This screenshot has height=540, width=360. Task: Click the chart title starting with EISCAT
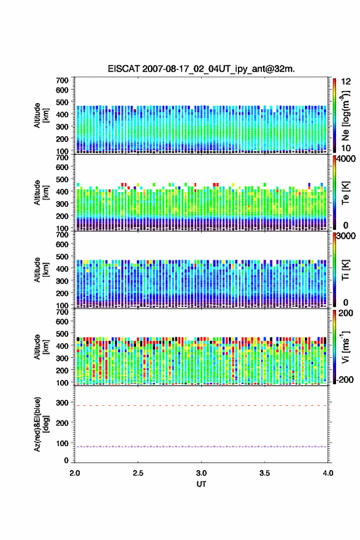201,69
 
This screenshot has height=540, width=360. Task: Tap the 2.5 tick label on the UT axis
138,473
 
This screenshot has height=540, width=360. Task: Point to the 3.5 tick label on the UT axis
265,473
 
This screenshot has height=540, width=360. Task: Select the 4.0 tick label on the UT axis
328,473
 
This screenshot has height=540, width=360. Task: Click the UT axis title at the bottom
201,484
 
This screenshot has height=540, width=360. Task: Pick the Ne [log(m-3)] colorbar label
345,115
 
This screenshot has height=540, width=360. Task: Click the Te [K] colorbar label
345,193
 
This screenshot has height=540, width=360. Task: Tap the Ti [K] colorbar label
345,270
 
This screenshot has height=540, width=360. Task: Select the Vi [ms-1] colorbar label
345,347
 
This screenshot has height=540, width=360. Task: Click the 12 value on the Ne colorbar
346,82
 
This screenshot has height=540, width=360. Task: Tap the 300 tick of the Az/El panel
63,403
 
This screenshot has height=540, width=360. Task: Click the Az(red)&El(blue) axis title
42,424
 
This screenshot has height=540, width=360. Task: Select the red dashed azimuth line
201,406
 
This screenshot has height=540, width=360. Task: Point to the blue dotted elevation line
201,447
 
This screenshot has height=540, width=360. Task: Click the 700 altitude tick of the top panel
63,80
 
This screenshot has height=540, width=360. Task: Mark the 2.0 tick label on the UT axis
75,473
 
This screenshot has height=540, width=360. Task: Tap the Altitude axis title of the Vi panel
42,347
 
